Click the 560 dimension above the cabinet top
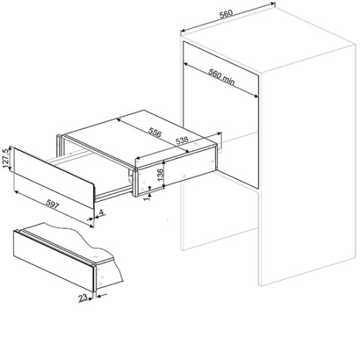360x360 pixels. point(226,14)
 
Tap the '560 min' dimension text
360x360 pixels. point(221,76)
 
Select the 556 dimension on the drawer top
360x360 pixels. point(155,132)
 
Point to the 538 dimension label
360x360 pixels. point(182,140)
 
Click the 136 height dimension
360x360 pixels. point(160,175)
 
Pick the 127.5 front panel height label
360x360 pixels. point(6,158)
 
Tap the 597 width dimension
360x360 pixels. point(53,204)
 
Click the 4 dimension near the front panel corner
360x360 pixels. point(102,212)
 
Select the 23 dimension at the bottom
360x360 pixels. point(83,298)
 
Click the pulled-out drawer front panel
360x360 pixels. point(53,178)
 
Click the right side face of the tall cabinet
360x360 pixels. point(307,166)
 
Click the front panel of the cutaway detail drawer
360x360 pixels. point(53,261)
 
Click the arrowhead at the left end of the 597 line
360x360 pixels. point(16,192)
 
